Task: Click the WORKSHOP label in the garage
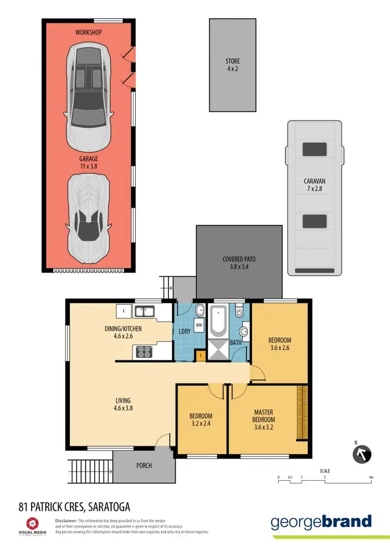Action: pyautogui.click(x=88, y=32)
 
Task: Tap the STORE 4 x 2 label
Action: pyautogui.click(x=232, y=65)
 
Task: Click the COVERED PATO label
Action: pyautogui.click(x=239, y=263)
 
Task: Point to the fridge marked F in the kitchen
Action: pyautogui.click(x=124, y=312)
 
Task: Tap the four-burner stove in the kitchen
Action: pyautogui.click(x=143, y=352)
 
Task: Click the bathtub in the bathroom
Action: pyautogui.click(x=217, y=322)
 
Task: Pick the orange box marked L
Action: pyautogui.click(x=201, y=355)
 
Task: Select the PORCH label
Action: pyautogui.click(x=144, y=466)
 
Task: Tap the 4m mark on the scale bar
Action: pyautogui.click(x=371, y=477)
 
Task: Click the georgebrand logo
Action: pyautogui.click(x=321, y=522)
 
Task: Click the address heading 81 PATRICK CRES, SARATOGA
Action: pyautogui.click(x=74, y=506)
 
